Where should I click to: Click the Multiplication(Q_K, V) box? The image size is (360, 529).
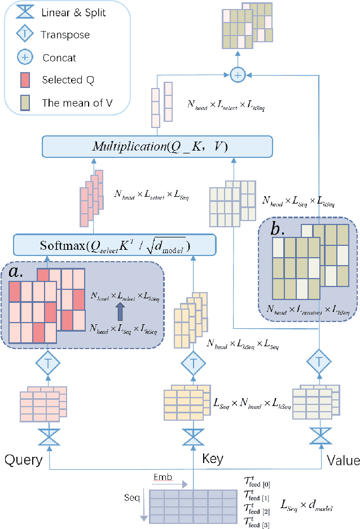(157, 147)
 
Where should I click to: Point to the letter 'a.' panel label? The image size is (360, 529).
(18, 273)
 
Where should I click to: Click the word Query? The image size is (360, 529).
(24, 460)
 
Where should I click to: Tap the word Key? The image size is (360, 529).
(212, 459)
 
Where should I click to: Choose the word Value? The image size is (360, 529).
(343, 460)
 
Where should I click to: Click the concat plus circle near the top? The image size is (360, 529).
(238, 73)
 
